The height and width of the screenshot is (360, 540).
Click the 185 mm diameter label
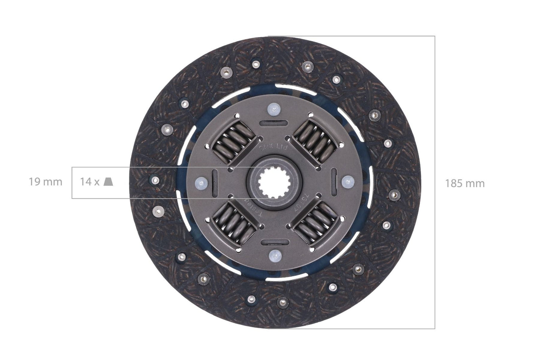coord(465,183)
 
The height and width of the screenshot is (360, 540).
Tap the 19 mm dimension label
coord(46,182)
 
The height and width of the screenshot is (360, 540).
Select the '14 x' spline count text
coord(90,182)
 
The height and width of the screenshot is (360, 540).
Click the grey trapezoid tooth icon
coord(108,182)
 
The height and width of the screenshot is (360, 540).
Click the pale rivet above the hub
coord(274,109)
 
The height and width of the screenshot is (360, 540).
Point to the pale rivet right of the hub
coord(347,182)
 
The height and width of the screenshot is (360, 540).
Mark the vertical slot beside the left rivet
coord(215,182)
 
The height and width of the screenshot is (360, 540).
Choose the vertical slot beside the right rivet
coord(334,182)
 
